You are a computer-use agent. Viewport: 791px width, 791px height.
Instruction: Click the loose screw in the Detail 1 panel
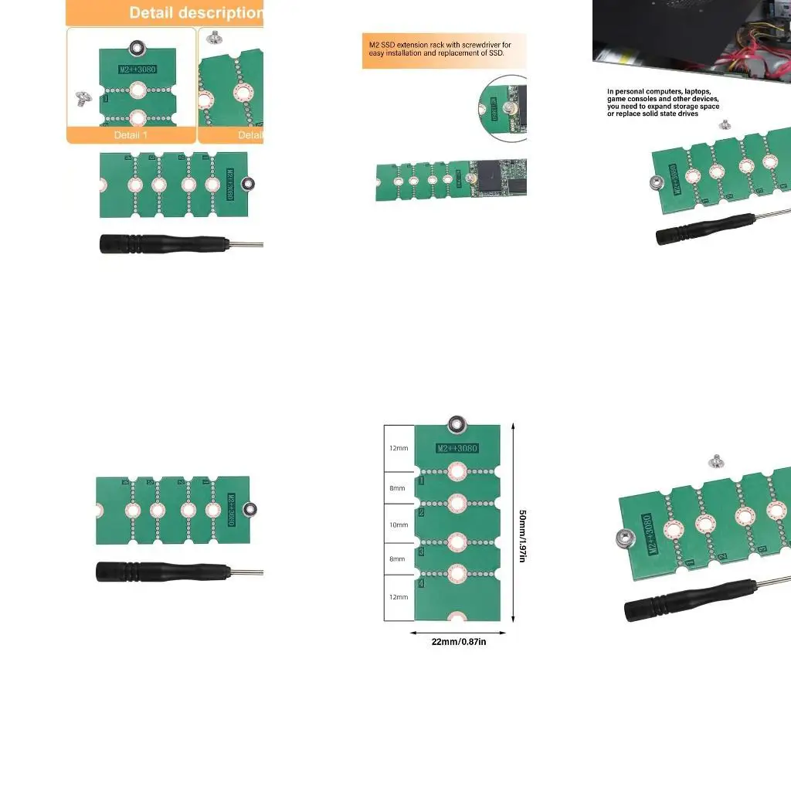tap(82, 99)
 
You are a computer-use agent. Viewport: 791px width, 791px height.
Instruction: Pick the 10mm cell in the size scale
tap(399, 525)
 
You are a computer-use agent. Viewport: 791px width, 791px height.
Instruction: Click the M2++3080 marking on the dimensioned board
tap(457, 449)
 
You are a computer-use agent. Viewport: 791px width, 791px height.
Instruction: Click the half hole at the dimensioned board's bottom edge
tap(457, 616)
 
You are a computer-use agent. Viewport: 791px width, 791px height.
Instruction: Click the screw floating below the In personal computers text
tap(725, 124)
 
